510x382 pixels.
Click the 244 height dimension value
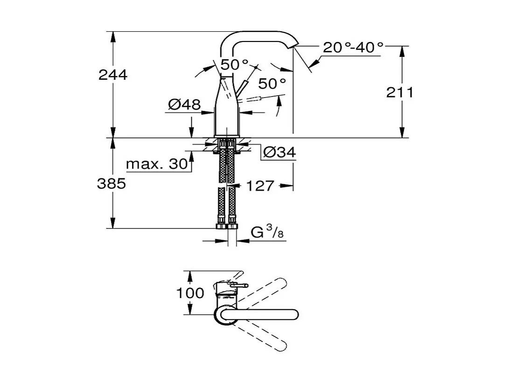112,75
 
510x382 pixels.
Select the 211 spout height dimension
399,92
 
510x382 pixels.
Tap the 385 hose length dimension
112,184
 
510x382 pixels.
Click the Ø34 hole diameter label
279,152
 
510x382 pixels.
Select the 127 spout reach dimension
259,186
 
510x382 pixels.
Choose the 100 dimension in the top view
190,293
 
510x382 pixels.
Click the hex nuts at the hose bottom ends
227,227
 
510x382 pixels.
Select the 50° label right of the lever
272,84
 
